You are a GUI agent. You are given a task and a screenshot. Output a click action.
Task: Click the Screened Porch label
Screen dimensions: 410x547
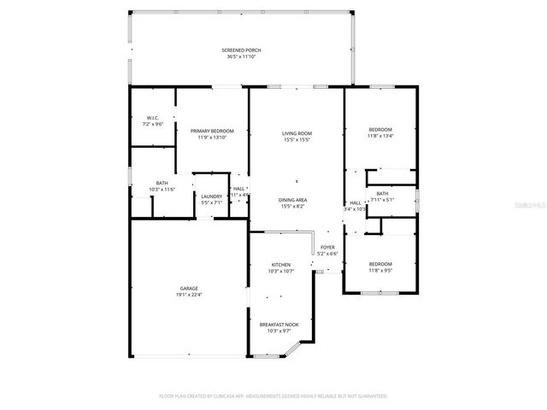[241, 50]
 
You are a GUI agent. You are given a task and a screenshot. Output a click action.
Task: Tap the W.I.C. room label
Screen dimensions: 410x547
[153, 118]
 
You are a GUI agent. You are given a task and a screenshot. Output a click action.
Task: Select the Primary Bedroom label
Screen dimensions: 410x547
[211, 131]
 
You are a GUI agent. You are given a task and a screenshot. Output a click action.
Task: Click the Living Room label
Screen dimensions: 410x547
[297, 133]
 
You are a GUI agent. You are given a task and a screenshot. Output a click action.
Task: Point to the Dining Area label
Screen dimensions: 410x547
[293, 200]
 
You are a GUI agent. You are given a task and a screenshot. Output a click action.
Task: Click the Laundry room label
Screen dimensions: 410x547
[211, 196]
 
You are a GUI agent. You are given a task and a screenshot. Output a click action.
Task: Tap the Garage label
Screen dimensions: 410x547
[189, 289]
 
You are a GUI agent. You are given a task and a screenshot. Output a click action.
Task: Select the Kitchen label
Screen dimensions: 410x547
[281, 265]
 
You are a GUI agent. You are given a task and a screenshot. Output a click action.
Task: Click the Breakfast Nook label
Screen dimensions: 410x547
[280, 325]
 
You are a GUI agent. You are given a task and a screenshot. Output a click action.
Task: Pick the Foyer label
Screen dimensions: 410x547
[327, 247]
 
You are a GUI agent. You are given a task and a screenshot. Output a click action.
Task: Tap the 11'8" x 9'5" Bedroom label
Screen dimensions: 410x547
[380, 263]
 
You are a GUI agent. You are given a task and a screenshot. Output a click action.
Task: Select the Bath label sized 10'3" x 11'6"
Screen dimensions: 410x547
[162, 182]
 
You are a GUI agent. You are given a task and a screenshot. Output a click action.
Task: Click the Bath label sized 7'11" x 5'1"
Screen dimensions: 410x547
[382, 194]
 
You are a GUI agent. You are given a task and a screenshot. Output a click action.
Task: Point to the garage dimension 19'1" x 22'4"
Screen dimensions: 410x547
[189, 296]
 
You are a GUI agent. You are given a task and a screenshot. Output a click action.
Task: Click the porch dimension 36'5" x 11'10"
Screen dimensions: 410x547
[241, 57]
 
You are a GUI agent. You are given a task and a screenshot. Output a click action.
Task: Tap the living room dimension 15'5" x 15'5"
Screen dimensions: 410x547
[297, 140]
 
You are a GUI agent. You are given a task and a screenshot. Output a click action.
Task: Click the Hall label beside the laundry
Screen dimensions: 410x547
[238, 189]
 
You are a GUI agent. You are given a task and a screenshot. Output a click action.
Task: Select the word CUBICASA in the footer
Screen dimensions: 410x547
[229, 396]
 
